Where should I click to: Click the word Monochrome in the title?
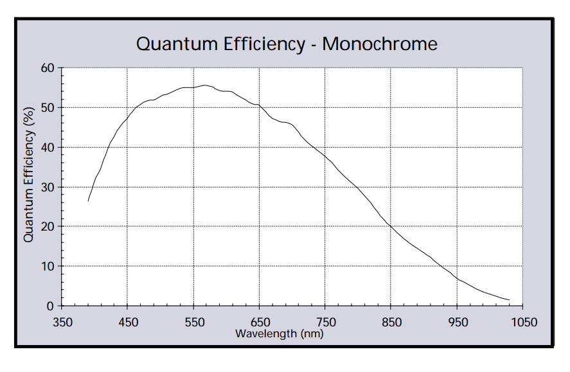379,44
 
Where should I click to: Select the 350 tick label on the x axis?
62,322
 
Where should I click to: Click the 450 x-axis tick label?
128,322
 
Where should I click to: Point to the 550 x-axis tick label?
193,322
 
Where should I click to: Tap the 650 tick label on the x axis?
259,322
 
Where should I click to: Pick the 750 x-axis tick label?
325,322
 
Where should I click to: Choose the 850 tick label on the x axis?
391,322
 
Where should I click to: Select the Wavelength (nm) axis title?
279,333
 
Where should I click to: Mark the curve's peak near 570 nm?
205,85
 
